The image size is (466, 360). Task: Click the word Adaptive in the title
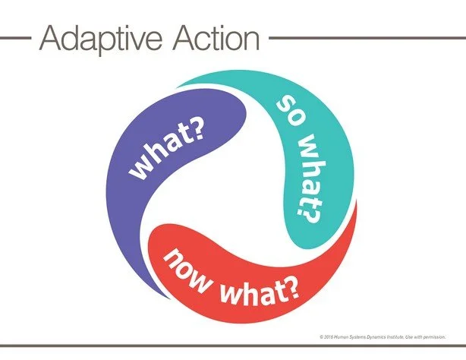pos(90,38)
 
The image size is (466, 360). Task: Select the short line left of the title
pos(16,36)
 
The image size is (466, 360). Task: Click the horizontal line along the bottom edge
pos(233,349)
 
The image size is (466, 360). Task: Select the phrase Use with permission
pos(429,336)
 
